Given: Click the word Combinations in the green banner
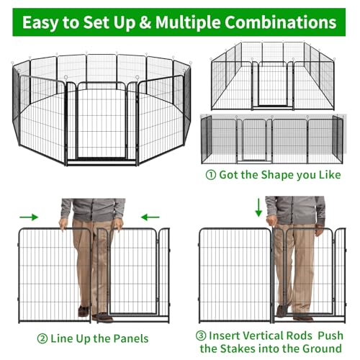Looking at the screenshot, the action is pyautogui.click(x=281, y=22).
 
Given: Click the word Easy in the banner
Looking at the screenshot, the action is pyautogui.click(x=41, y=22).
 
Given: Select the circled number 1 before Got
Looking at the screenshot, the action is pyautogui.click(x=211, y=175).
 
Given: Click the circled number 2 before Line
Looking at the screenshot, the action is pyautogui.click(x=42, y=339).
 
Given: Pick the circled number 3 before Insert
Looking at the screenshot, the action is pyautogui.click(x=201, y=336).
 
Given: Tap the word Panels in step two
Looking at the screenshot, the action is pyautogui.click(x=131, y=338).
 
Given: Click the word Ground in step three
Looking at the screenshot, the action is pyautogui.click(x=322, y=348).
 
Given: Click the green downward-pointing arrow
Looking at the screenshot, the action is pyautogui.click(x=258, y=207).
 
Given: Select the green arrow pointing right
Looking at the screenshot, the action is pyautogui.click(x=29, y=217).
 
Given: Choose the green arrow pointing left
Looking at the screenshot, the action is pyautogui.click(x=150, y=217).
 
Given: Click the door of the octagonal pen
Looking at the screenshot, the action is pyautogui.click(x=102, y=120).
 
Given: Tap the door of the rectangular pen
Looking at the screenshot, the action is pyautogui.click(x=273, y=84).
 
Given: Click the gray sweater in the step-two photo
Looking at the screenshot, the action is pyautogui.click(x=93, y=210).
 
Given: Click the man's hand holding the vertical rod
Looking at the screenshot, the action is pyautogui.click(x=271, y=220).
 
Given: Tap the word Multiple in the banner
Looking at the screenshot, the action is pyautogui.click(x=188, y=22).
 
